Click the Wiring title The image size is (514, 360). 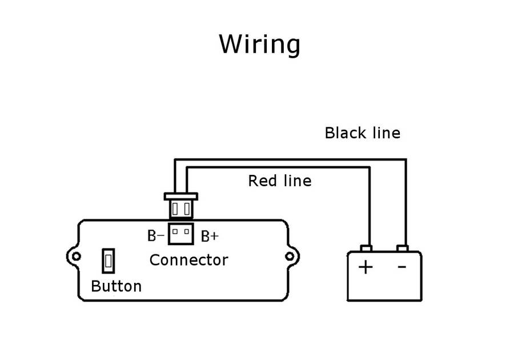[260, 45]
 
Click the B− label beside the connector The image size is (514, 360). [156, 235]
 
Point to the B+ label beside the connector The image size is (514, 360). [210, 236]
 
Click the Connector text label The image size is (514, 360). [188, 260]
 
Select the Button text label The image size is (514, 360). [116, 286]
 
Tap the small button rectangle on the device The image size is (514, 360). [108, 261]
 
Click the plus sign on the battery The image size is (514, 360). [366, 266]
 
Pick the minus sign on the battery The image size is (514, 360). [402, 266]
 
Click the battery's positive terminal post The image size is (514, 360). [366, 249]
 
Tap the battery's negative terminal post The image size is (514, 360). [403, 249]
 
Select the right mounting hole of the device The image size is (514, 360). [290, 257]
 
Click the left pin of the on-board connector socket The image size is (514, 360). [175, 231]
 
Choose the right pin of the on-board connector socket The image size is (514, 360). [186, 231]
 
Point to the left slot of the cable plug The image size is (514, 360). [175, 209]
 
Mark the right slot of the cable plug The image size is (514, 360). [187, 209]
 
